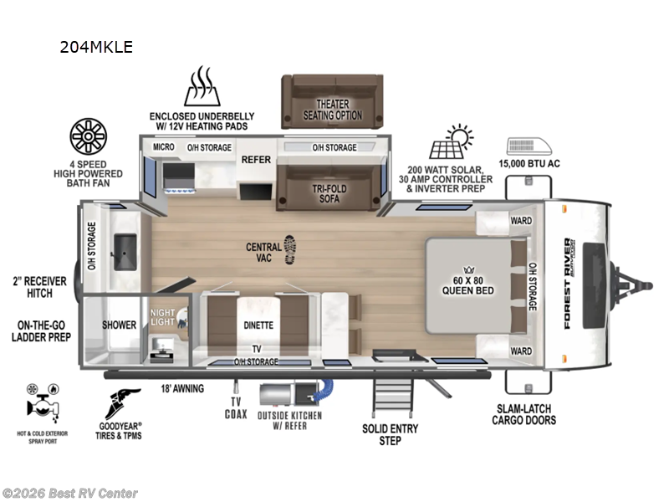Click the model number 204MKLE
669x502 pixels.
click(x=96, y=47)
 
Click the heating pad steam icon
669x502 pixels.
click(x=201, y=87)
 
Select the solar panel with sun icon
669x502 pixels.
click(x=450, y=142)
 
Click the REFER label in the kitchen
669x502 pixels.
click(x=256, y=159)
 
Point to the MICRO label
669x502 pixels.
click(x=163, y=147)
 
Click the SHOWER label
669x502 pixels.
click(x=119, y=325)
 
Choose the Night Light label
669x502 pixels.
click(x=163, y=318)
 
